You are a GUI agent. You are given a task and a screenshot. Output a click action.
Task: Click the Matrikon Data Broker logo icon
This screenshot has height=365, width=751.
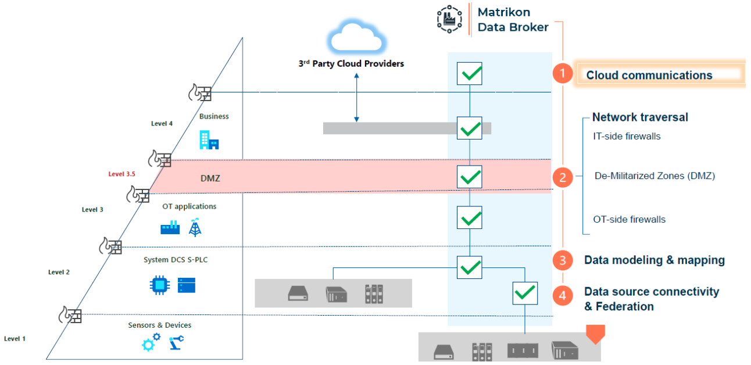(x=450, y=19)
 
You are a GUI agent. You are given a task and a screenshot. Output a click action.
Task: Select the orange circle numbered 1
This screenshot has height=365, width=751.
(x=562, y=74)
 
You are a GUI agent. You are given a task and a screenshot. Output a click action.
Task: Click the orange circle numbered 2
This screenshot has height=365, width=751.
(x=562, y=177)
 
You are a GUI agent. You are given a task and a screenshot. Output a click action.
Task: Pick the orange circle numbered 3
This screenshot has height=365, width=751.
(x=562, y=261)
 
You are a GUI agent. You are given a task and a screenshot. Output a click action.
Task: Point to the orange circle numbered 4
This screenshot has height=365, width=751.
(x=562, y=296)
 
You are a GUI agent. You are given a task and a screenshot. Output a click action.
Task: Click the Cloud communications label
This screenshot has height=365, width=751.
(x=649, y=75)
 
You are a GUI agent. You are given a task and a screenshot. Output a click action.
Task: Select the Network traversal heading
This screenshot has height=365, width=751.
(x=640, y=117)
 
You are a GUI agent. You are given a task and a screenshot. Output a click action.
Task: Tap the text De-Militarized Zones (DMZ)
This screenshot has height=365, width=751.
(x=655, y=176)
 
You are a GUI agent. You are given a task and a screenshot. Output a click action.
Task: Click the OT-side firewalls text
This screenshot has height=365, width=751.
(x=629, y=220)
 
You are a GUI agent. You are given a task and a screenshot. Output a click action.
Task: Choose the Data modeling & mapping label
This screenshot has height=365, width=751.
(x=654, y=260)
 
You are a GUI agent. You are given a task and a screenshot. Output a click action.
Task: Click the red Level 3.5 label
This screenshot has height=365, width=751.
(x=122, y=174)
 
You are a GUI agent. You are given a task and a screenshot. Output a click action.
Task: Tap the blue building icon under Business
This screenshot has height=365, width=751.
(x=209, y=140)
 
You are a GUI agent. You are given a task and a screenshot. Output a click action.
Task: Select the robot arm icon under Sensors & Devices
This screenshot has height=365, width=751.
(x=176, y=343)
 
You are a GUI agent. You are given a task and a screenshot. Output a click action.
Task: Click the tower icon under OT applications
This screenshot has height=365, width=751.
(x=195, y=227)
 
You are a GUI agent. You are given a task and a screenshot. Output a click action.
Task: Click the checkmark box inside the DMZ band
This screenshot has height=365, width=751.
(x=469, y=176)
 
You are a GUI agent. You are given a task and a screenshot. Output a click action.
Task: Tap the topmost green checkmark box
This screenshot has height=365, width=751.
(x=469, y=74)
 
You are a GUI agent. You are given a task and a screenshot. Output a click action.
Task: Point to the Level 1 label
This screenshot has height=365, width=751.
(x=15, y=338)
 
